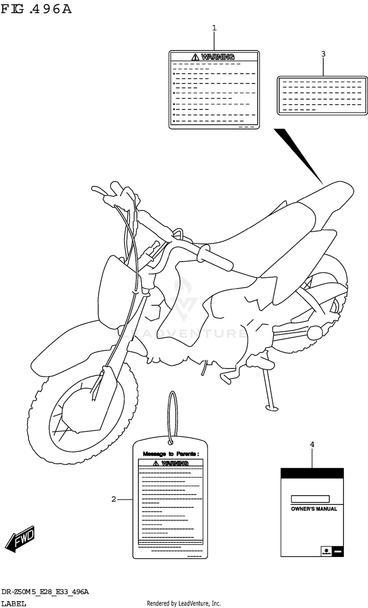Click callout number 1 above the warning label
point(214,28)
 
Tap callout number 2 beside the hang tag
point(113,500)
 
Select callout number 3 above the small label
point(323,54)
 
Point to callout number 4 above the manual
point(312,444)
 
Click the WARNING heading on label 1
point(213,57)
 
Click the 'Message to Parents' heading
point(171,454)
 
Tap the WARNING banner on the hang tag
point(170,463)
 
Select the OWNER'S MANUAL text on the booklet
point(314,509)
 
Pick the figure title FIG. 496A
point(36,9)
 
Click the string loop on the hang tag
point(172,417)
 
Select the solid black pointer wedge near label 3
point(297,155)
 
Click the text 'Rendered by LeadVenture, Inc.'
point(184,604)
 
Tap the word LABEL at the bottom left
point(14,604)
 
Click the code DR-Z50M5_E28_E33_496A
point(45,593)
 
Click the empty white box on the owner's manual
point(310,499)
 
